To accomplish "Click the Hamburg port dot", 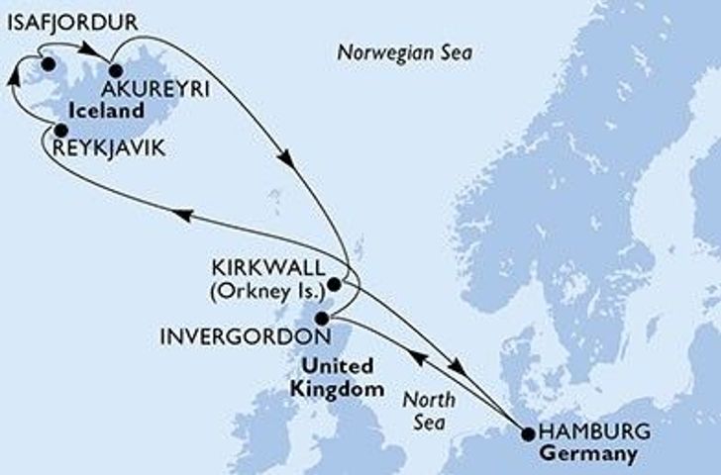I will [x=527, y=433].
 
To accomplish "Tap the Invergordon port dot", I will [x=321, y=319].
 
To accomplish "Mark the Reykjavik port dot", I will [x=60, y=130].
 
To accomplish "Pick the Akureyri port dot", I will [x=114, y=70].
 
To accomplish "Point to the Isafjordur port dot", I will [x=47, y=65].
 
